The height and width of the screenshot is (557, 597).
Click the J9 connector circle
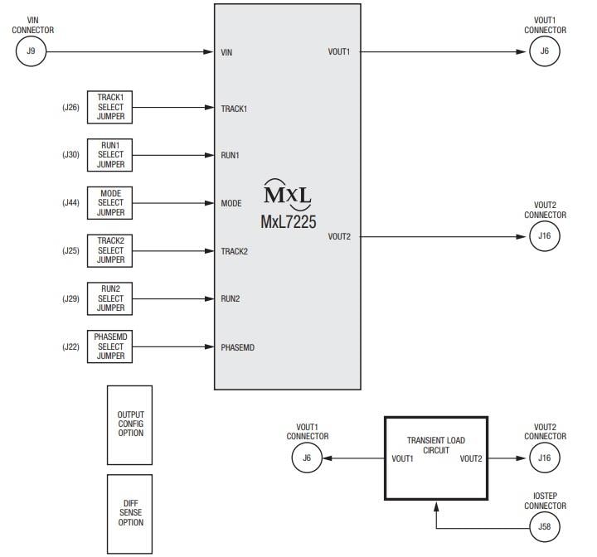[31, 51]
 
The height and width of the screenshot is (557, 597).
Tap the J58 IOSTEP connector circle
[544, 526]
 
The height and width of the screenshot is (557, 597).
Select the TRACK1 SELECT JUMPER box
[110, 107]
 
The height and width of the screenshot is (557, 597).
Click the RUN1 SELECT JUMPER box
[110, 155]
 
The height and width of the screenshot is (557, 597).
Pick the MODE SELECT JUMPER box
[110, 203]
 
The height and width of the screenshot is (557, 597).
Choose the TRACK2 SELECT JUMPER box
[110, 250]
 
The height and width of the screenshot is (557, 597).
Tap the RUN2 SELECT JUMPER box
[110, 298]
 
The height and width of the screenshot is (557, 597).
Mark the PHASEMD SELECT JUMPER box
[110, 346]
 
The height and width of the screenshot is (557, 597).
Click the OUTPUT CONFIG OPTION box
[129, 424]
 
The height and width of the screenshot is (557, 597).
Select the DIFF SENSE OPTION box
[129, 514]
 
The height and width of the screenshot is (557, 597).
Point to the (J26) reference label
[70, 107]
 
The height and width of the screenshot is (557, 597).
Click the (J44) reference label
[70, 203]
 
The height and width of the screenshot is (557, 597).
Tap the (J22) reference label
[70, 346]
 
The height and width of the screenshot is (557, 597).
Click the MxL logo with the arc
[287, 192]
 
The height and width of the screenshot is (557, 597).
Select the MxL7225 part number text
[288, 222]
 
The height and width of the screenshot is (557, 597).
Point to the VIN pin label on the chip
[226, 52]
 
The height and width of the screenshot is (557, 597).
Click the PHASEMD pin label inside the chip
[237, 347]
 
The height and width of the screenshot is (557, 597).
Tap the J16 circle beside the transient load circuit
[544, 458]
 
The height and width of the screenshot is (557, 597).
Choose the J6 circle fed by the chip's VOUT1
[544, 51]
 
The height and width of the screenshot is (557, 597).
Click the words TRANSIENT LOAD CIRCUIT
[436, 446]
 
